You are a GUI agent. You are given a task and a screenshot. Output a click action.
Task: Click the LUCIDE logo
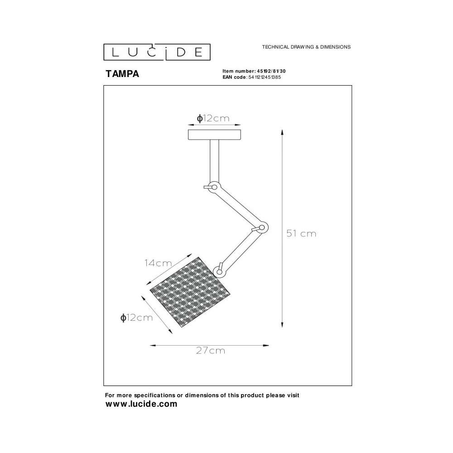pyautogui.click(x=157, y=52)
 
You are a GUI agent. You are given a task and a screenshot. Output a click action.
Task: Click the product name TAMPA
pyautogui.click(x=122, y=74)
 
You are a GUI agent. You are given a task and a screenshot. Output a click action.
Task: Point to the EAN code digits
pyautogui.click(x=265, y=77)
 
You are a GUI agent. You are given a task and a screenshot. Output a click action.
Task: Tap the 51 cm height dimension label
pyautogui.click(x=301, y=233)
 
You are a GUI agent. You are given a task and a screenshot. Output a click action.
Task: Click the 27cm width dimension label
pyautogui.click(x=210, y=351)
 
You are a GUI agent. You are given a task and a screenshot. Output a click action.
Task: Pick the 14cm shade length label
pyautogui.click(x=158, y=263)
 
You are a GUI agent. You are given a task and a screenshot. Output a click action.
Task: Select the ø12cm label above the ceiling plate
pyautogui.click(x=213, y=118)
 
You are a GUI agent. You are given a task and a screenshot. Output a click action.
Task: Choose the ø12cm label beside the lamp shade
pyautogui.click(x=136, y=318)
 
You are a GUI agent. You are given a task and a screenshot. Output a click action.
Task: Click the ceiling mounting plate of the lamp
pyautogui.click(x=214, y=135)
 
